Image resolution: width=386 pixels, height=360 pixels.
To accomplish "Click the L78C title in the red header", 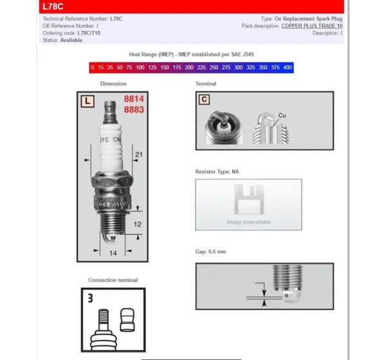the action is coord(53,6).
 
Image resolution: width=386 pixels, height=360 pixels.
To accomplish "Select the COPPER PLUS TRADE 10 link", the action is coord(312,26).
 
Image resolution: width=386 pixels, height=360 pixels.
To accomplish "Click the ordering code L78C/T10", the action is coord(89,33).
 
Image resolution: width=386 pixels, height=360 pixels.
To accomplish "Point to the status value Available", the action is coord(71,40).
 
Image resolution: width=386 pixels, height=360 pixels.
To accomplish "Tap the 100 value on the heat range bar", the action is coord(140,67).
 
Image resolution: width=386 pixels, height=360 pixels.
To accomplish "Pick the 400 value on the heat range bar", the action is coord(288,67).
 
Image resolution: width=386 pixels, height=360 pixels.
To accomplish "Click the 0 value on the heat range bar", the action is coord(92,67).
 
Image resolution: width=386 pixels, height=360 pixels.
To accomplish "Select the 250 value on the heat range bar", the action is coord(214,67).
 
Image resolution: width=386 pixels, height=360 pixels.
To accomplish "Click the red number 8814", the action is coord(134,99).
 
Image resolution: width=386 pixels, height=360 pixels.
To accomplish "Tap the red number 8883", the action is coord(134,109).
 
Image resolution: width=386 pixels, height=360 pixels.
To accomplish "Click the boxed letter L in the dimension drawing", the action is coord(87,101).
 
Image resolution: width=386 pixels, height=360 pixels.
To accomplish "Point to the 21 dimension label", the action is coord(139,154).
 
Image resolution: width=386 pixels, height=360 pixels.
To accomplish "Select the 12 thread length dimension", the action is coord(138,224).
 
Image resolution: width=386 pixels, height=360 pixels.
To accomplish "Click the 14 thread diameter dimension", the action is coord(113,253).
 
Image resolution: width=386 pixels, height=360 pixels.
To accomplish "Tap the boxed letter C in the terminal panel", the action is coord(204,100).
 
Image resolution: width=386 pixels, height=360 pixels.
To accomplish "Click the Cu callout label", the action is coord(282,116).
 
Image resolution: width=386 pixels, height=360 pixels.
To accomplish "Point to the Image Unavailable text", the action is coord(248,222).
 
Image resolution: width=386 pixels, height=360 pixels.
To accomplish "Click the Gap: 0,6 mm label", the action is coord(211,251).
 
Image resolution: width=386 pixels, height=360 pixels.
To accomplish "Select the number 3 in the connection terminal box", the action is coord(90,298).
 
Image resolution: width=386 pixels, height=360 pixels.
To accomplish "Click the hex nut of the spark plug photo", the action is coord(112,181).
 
